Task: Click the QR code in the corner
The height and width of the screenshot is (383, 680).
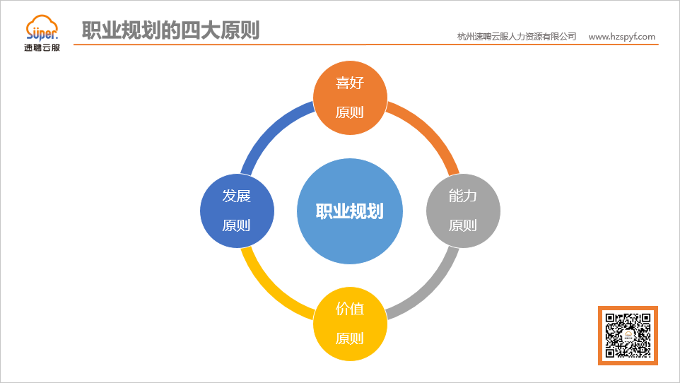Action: coord(628,336)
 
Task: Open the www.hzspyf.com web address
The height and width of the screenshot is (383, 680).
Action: coord(621,37)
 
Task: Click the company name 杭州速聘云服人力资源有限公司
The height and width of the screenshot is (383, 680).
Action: coord(517,37)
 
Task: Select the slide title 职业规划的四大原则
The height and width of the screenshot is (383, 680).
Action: coord(170,30)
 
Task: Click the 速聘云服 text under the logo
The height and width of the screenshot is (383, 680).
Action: coord(42,49)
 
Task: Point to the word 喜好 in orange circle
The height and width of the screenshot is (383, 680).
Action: coord(350,83)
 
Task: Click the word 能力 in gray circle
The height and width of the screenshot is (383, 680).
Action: coord(463,196)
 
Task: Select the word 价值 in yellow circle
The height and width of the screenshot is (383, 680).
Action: coord(350,309)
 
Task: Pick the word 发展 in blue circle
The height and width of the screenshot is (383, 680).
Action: coord(237,196)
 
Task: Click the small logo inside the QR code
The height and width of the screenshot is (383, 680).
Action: coord(628,336)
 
